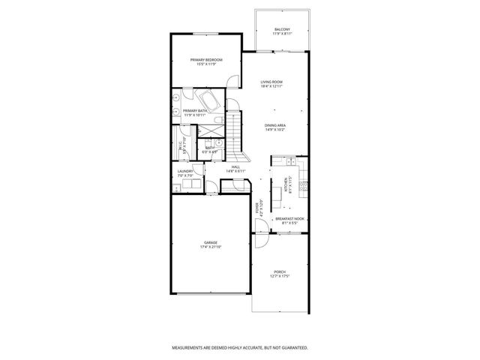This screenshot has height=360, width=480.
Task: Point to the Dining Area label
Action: coord(275,125)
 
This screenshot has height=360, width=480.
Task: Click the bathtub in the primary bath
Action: coord(208,100)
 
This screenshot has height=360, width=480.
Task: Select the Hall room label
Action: coord(235,166)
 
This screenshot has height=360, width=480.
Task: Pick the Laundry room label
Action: coord(185,172)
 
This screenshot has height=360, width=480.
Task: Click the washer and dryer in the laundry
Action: coord(187,185)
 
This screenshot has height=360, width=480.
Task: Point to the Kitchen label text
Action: coord(284,183)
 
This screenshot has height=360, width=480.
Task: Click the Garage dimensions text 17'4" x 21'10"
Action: coord(211,246)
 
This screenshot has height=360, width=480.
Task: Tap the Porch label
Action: coord(279,271)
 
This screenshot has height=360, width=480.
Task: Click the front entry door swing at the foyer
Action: coord(258,241)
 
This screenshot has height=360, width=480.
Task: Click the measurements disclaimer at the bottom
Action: coord(239,347)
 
